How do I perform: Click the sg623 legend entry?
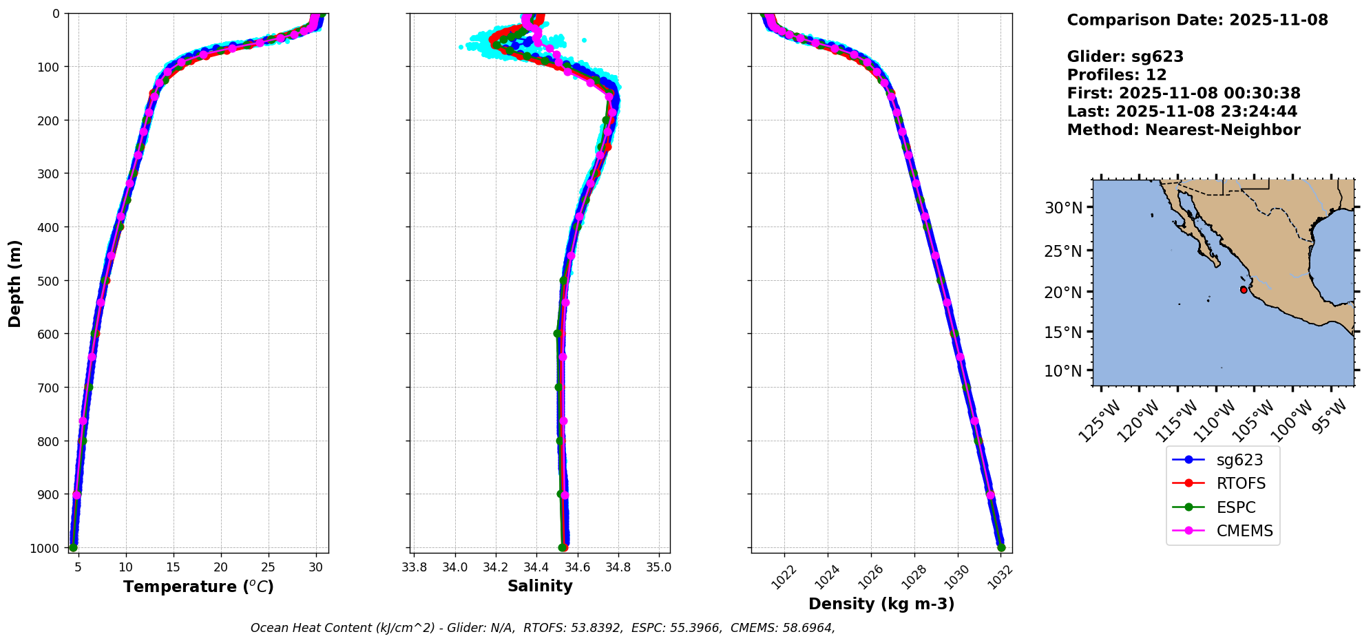click(x=1239, y=460)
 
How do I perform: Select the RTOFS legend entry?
click(x=1241, y=483)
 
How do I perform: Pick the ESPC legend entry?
click(x=1236, y=507)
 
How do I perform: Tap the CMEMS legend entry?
click(x=1244, y=531)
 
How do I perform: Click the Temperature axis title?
click(x=198, y=587)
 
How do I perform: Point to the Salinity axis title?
click(x=540, y=586)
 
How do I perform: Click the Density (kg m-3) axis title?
click(x=881, y=604)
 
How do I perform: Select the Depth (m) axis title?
click(x=15, y=283)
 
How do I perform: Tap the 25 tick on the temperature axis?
click(x=269, y=567)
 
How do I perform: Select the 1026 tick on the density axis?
click(x=870, y=576)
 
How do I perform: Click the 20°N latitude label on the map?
click(x=1063, y=292)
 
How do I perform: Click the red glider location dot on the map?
click(x=1244, y=290)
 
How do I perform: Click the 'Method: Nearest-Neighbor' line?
click(x=1184, y=129)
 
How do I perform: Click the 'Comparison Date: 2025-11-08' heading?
click(x=1197, y=20)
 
